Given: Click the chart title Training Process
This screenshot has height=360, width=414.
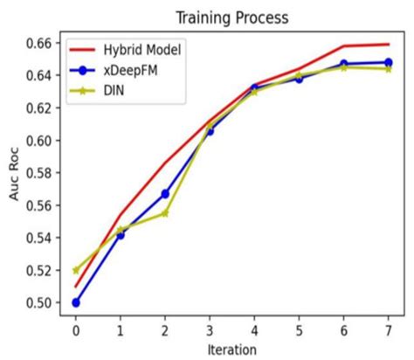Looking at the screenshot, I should click(231, 17).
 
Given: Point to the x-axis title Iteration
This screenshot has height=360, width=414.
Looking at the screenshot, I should click(231, 349).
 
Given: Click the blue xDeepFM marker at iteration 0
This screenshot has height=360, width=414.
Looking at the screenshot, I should click(76, 302).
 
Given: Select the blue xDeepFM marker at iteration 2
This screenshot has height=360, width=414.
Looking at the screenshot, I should click(165, 193).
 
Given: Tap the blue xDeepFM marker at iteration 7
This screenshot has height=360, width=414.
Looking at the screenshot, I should click(387, 63).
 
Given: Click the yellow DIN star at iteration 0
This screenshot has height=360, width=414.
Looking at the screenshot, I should click(76, 270).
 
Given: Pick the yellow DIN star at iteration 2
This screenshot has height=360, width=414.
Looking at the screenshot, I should click(165, 213).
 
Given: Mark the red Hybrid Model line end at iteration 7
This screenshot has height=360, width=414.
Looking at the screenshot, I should click(387, 45).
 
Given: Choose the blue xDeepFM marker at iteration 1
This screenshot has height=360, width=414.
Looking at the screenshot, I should click(121, 235).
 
